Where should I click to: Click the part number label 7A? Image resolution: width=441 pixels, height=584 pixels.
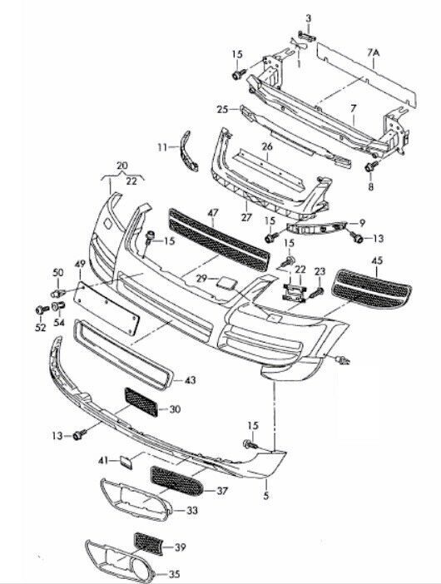(x=373, y=53)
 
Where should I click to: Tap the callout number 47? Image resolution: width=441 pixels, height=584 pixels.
(x=213, y=214)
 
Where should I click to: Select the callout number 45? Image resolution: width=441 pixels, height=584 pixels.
(x=377, y=260)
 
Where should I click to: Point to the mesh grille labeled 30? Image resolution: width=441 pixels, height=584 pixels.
(x=141, y=402)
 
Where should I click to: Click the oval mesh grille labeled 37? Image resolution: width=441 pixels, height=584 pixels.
(x=177, y=481)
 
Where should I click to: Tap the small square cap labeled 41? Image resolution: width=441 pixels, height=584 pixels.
(x=126, y=462)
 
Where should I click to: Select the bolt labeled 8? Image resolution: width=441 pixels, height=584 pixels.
(x=371, y=166)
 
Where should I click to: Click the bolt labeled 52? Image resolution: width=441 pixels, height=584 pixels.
(x=42, y=309)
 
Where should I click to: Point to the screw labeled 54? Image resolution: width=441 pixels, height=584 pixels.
(x=58, y=306)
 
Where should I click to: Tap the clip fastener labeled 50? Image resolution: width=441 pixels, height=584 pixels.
(x=57, y=293)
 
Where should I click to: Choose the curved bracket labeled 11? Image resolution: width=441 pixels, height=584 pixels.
(x=189, y=151)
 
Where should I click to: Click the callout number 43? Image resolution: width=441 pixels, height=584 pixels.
(x=191, y=380)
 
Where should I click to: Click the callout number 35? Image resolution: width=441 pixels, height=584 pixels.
(x=174, y=574)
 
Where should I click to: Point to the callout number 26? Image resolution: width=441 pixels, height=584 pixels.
(x=267, y=146)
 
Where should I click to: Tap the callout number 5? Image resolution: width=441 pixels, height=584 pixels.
(x=266, y=496)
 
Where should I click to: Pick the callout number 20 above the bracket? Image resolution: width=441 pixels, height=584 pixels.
(x=121, y=166)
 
